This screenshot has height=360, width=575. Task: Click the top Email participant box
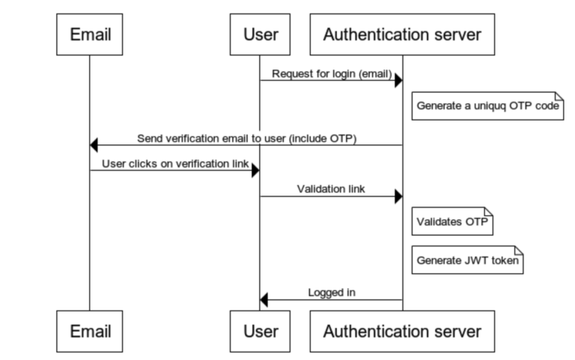click(x=90, y=34)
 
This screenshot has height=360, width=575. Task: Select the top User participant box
click(x=260, y=34)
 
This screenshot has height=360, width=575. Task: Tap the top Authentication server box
click(x=402, y=34)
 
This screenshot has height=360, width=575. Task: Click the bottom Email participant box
click(x=90, y=330)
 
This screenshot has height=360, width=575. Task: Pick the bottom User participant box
click(x=260, y=330)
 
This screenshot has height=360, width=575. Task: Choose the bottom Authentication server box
click(x=402, y=330)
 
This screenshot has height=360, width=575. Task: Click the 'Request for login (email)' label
click(x=331, y=73)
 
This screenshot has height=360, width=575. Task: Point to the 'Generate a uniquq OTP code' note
click(x=488, y=106)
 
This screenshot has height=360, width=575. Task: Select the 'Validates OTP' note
click(x=453, y=222)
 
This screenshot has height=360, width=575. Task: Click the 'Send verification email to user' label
click(x=246, y=138)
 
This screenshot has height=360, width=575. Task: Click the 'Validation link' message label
click(x=331, y=189)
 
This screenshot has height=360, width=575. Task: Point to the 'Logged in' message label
click(x=331, y=292)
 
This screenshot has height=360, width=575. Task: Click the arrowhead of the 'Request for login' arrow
click(x=398, y=80)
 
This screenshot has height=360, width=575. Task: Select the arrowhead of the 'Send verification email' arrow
click(x=94, y=145)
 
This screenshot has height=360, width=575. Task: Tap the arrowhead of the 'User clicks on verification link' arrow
click(x=255, y=171)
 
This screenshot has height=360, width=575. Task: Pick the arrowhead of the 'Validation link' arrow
click(x=398, y=196)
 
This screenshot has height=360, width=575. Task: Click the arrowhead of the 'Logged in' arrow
click(x=264, y=300)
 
